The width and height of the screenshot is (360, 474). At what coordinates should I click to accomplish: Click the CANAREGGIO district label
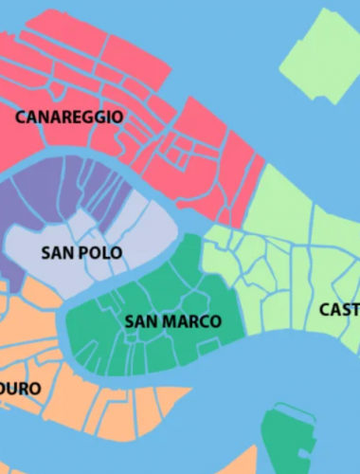(x=69, y=118)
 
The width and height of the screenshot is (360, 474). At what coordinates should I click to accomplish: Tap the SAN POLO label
(x=81, y=253)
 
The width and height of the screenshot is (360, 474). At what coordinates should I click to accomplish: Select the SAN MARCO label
(x=173, y=321)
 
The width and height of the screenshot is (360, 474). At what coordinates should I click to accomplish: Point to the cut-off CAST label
(x=339, y=310)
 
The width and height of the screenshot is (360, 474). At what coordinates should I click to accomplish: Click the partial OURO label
(x=20, y=389)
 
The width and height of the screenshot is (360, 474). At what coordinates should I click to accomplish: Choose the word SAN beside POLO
(x=56, y=253)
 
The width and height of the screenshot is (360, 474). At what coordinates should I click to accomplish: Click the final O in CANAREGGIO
(x=117, y=118)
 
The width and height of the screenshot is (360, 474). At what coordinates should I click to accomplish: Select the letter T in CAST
(x=354, y=310)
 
